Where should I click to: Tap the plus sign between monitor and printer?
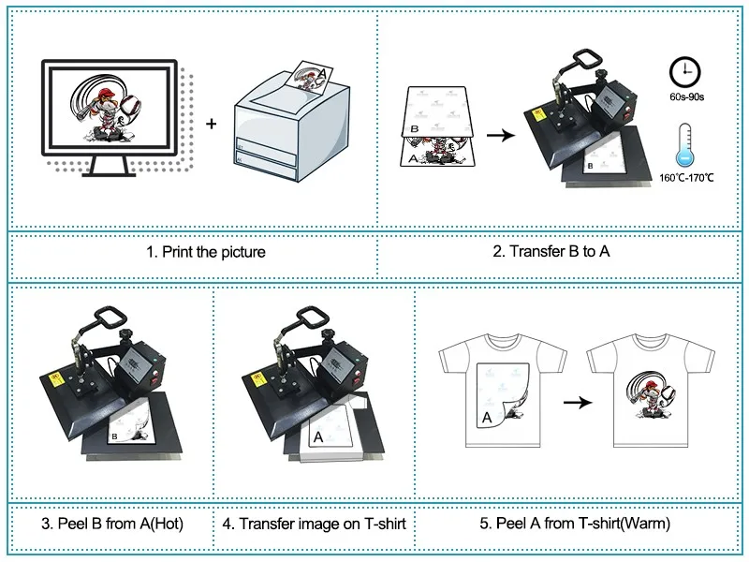point(212,124)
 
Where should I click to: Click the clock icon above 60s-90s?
point(685,73)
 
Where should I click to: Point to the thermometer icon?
point(685,143)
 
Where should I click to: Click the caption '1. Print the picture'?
point(206,252)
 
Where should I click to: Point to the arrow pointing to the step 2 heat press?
point(501,136)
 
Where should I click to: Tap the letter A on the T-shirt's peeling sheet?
point(487,417)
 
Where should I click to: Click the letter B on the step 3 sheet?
point(114,436)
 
